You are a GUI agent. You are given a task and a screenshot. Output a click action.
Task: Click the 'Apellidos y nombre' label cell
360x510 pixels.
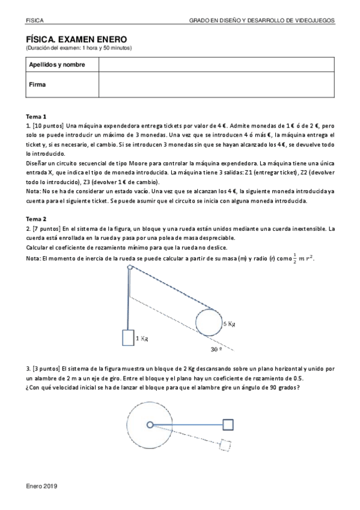coord(57,64)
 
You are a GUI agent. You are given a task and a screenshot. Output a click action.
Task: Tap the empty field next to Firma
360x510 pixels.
coord(216,85)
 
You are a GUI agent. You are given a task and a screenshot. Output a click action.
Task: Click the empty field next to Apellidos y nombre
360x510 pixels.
coord(216,64)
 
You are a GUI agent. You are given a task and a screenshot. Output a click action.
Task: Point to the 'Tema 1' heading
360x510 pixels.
coord(36,116)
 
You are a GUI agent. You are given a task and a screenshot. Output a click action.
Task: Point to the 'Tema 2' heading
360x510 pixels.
coord(36,219)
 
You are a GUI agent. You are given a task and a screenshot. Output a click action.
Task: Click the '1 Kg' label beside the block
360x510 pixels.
coord(142,339)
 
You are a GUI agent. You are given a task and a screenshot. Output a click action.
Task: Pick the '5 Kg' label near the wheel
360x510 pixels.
coord(229,324)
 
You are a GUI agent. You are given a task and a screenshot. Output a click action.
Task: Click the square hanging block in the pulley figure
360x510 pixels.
coord(128,337)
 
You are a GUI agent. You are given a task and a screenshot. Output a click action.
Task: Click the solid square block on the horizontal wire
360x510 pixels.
coord(228,425)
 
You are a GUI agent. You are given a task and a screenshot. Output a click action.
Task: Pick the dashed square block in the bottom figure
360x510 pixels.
coord(225,446)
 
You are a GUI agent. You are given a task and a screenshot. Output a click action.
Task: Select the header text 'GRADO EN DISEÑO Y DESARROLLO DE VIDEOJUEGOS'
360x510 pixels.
coord(262,20)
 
